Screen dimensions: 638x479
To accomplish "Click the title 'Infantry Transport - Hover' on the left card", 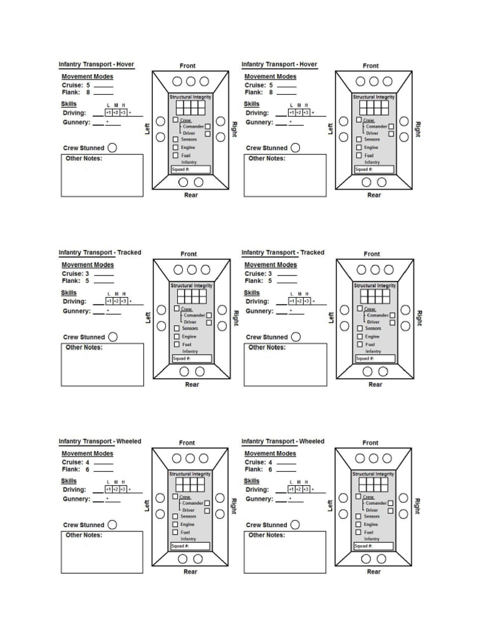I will click(96, 64).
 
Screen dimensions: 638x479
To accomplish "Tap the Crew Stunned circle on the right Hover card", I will click(296, 148).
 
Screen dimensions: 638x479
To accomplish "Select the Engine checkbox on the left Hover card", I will click(176, 148).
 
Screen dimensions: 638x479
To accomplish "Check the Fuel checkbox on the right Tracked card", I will click(360, 344).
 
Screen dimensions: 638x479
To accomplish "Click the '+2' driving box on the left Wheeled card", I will click(116, 490).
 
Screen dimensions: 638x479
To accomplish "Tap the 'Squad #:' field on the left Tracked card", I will click(192, 358).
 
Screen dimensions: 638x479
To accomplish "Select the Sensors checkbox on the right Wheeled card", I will click(359, 516).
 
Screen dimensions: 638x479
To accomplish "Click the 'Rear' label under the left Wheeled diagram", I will click(191, 572).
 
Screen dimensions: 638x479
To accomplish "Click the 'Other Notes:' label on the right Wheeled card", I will click(267, 535).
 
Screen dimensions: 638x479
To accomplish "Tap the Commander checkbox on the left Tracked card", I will click(208, 315).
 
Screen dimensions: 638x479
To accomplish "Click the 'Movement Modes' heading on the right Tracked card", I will click(270, 265).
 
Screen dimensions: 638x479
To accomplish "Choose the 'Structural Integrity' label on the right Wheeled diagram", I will click(374, 474).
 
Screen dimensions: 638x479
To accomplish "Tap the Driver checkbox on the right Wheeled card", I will click(390, 510).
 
